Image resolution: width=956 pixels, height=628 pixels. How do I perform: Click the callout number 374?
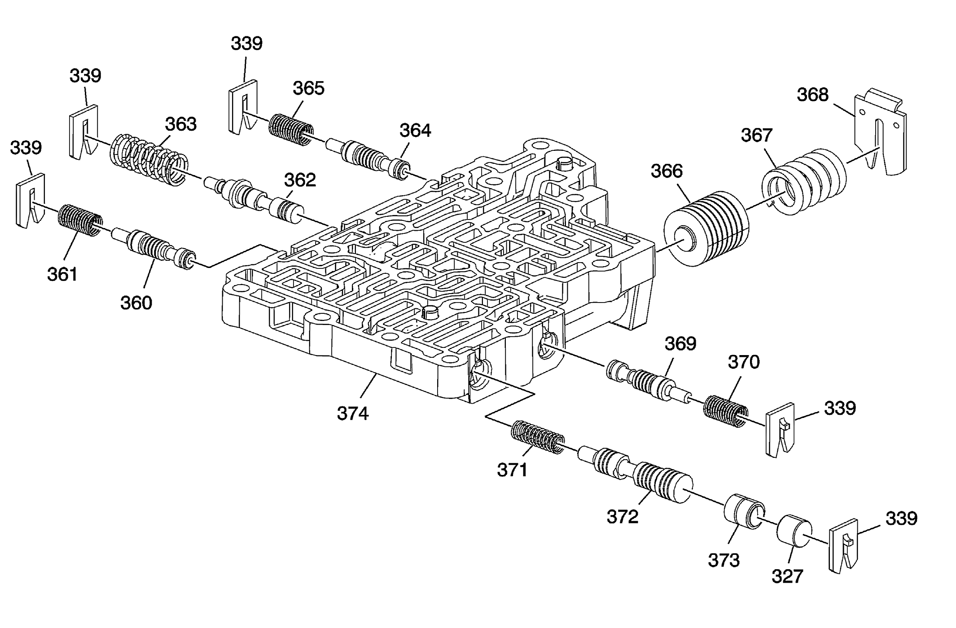coord(353,413)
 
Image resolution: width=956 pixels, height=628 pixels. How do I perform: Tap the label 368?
coord(813,95)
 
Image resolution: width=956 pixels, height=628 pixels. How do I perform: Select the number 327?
coord(787,576)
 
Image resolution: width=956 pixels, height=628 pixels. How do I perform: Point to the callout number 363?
coord(181,123)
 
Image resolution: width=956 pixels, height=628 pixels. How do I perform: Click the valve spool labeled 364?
coord(367,158)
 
